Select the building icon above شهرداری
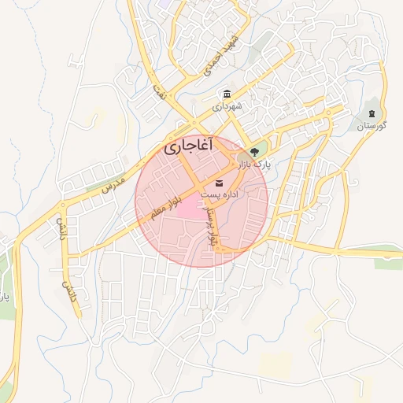[x=227, y=94]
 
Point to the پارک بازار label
[x=253, y=165]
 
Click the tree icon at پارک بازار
[x=253, y=151]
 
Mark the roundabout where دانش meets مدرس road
[x=61, y=206]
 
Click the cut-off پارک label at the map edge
[x=4, y=298]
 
